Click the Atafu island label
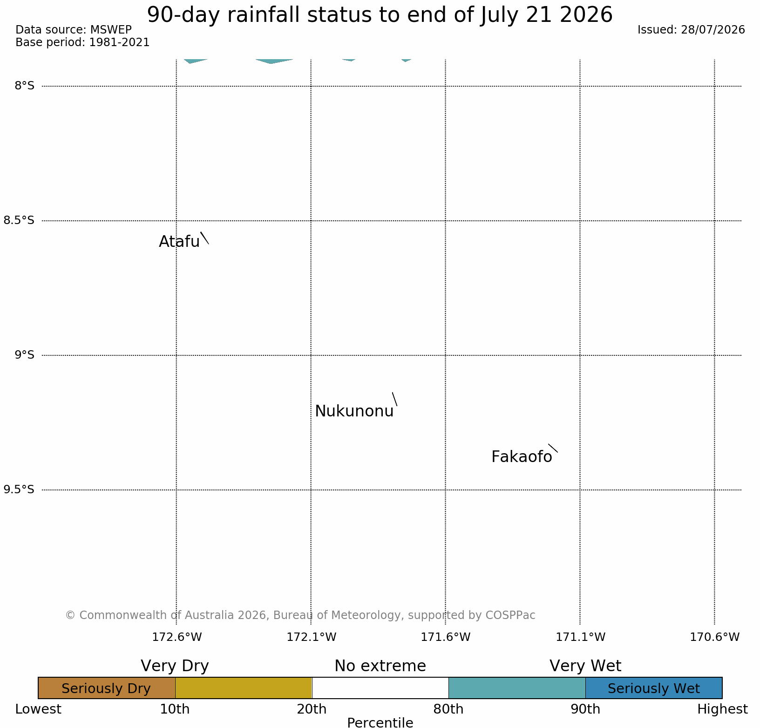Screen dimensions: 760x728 point(179,241)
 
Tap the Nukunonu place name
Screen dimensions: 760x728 point(354,411)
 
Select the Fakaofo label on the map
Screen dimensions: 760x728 point(522,457)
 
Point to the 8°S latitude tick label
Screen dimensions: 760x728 point(25,86)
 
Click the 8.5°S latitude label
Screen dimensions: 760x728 point(19,220)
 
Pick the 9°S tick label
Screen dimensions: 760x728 point(25,355)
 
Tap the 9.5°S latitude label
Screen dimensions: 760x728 point(19,490)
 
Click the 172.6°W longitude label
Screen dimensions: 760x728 point(177,637)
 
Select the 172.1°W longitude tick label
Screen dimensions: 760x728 point(311,637)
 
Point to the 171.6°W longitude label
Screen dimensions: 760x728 point(446,637)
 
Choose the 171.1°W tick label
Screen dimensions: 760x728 point(580,637)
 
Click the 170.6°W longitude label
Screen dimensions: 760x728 point(715,637)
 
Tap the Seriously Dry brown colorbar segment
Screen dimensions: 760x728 point(107,688)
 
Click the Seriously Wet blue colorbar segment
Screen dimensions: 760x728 point(654,688)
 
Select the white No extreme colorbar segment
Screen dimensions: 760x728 point(380,688)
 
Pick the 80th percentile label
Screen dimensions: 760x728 point(448,709)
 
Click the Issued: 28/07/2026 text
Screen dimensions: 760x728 point(691,30)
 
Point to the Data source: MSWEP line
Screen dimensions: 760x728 point(74,30)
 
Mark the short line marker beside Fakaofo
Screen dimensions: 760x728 point(553,448)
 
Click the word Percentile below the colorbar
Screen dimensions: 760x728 point(380,722)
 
